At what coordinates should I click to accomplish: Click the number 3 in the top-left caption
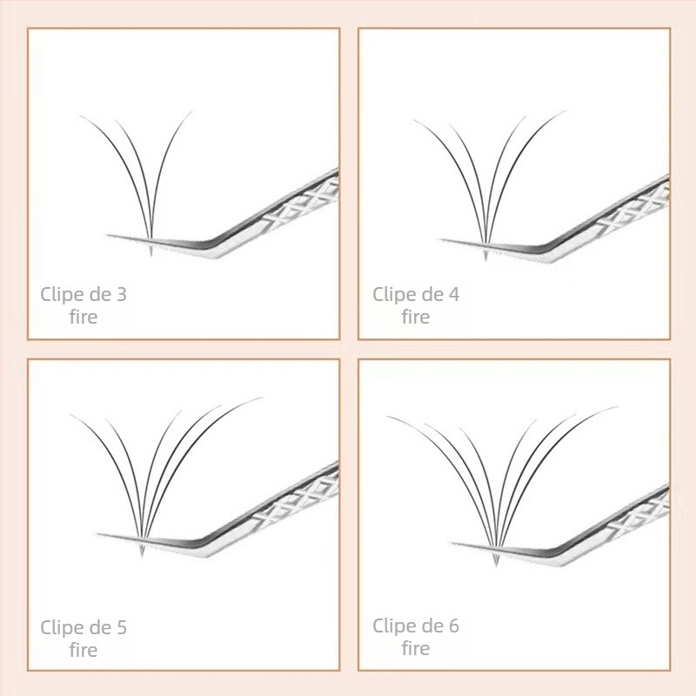point(121,295)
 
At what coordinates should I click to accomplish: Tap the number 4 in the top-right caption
point(453,295)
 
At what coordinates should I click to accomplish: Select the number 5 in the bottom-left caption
point(121,627)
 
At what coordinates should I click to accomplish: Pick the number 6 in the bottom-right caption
point(453,626)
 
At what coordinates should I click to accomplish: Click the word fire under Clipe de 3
point(84,318)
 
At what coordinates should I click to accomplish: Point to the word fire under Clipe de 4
point(416,318)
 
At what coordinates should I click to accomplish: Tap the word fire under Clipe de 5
point(84,650)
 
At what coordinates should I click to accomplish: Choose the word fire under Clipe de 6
point(416,648)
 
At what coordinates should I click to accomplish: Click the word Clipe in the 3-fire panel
point(62,295)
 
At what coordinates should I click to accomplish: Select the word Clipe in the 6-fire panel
point(394,626)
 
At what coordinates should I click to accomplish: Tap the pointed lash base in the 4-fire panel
point(485,256)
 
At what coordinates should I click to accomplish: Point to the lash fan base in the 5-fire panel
point(142,552)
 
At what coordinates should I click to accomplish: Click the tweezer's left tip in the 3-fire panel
point(110,235)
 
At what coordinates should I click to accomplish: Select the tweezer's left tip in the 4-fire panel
point(442,239)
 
